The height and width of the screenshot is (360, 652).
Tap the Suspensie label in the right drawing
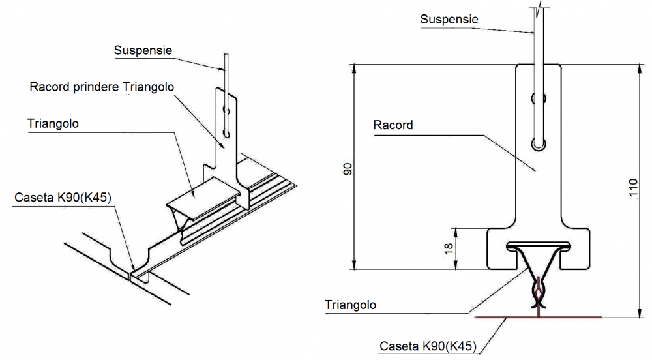[449, 20]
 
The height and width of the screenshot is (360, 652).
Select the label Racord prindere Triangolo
[102, 87]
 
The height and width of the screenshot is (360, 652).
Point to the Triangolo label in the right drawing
[351, 305]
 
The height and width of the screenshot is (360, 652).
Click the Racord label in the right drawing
[393, 125]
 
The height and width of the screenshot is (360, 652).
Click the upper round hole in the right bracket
[539, 99]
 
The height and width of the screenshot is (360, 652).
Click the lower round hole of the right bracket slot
[539, 143]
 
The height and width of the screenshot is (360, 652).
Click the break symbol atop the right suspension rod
[539, 8]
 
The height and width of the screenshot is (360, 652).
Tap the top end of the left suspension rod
[225, 55]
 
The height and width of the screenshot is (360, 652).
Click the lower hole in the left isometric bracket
[226, 134]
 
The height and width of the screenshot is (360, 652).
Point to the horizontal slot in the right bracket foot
[539, 246]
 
